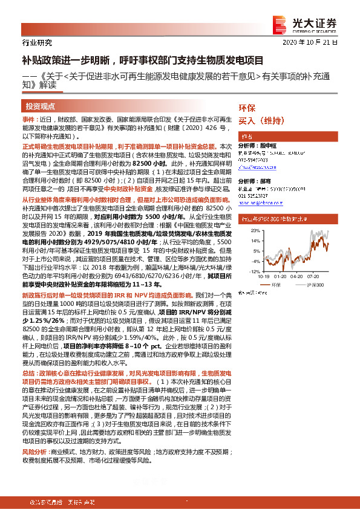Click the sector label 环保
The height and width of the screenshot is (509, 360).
(x=247, y=108)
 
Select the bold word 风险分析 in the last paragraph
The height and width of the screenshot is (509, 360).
(x=34, y=452)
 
